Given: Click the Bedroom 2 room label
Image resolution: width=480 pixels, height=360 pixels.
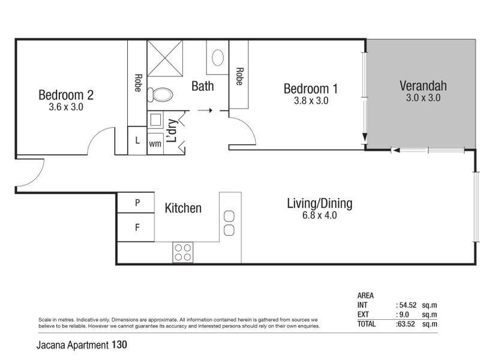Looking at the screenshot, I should click(66, 95).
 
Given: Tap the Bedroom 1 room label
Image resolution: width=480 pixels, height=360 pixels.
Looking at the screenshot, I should click(311, 89).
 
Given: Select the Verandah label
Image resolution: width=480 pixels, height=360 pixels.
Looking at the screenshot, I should click(423, 86).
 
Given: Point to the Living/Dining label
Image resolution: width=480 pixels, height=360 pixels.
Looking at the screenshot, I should click(319, 203).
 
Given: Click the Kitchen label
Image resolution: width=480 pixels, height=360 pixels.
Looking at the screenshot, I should click(183, 208).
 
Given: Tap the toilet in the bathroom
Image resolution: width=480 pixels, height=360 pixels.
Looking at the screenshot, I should click(161, 94).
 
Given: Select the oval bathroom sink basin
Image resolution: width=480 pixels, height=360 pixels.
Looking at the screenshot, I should click(218, 58).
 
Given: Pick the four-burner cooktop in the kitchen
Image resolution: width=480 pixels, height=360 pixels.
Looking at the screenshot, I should click(182, 253).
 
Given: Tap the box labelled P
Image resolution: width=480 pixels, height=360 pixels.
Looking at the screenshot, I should click(137, 203).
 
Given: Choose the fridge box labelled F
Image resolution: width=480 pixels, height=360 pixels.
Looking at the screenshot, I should click(137, 228).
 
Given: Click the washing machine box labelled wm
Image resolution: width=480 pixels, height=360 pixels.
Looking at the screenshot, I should click(155, 143).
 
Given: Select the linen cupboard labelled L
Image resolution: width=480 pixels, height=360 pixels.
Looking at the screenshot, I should click(137, 141).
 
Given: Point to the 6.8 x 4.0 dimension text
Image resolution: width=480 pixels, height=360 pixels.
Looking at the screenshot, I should click(319, 215).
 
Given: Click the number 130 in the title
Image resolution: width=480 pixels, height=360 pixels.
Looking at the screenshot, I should click(119, 345).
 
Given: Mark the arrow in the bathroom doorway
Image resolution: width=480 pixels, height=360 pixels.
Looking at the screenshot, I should click(205, 110).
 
